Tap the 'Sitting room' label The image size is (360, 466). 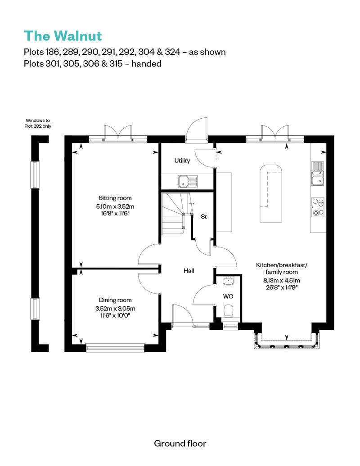(x=115, y=198)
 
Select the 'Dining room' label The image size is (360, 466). (x=115, y=300)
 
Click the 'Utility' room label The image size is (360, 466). (x=182, y=161)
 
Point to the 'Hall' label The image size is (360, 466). (x=189, y=271)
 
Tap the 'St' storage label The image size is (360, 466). (x=203, y=217)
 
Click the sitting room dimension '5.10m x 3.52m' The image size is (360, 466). (x=115, y=206)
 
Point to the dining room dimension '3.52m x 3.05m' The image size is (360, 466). (x=115, y=309)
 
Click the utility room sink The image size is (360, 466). (x=187, y=182)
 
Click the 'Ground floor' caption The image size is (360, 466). (x=180, y=443)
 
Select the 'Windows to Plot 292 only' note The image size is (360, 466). (x=38, y=123)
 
